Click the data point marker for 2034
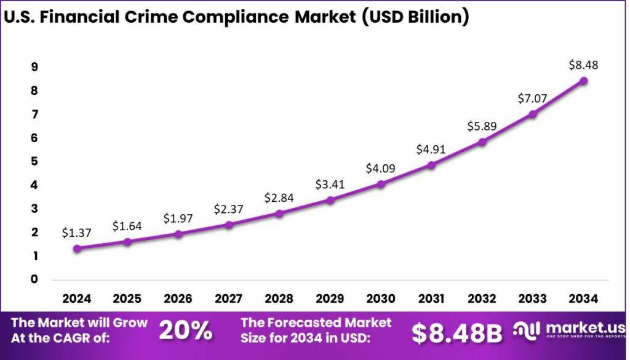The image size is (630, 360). pyautogui.click(x=583, y=81)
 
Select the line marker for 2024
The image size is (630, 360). pyautogui.click(x=77, y=249)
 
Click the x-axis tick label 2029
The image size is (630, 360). pyautogui.click(x=330, y=299)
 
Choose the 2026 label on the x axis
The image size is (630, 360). pyautogui.click(x=178, y=299)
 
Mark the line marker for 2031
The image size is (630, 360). pyautogui.click(x=431, y=165)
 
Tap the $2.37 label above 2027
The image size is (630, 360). pyautogui.click(x=229, y=209)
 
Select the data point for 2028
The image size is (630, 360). pyautogui.click(x=279, y=214)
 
